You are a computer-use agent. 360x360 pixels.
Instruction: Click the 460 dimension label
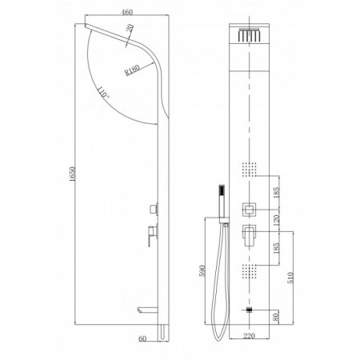coord(127,12)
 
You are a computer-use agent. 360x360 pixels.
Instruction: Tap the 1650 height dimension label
coord(72,174)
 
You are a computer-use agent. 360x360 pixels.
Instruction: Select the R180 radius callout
coord(132,70)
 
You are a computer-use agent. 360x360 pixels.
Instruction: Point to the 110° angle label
coord(102,92)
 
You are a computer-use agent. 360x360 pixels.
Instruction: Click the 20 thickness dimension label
coord(130,28)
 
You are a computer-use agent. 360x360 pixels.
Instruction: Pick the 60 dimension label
coord(142,338)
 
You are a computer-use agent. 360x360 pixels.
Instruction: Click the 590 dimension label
coord(202,270)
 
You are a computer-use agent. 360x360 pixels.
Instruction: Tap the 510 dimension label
coord(290,278)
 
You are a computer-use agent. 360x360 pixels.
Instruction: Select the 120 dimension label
coord(276,221)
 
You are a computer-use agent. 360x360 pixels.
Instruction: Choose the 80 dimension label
coord(276,317)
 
